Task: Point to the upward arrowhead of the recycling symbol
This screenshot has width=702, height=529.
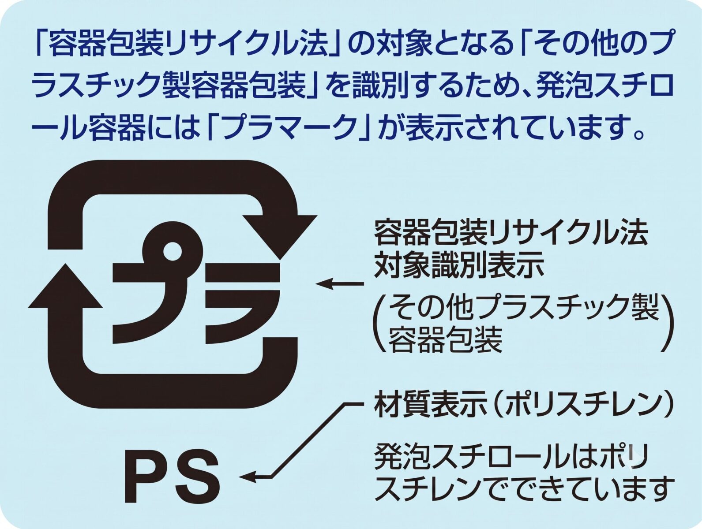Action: [66, 285]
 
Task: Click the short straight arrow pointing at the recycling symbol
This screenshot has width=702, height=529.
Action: [340, 283]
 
